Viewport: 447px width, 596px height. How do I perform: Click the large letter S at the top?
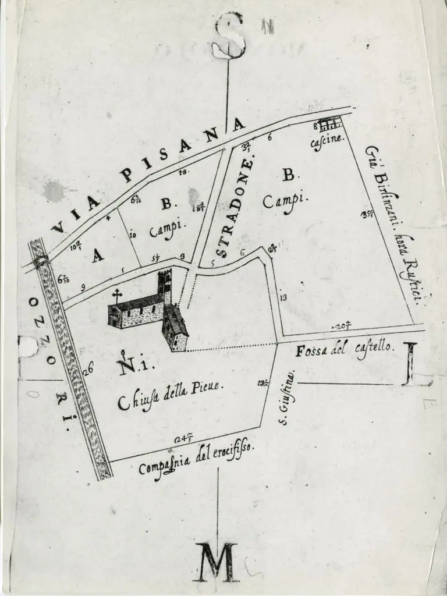pyautogui.click(x=228, y=36)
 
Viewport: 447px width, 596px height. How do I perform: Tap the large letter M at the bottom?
pyautogui.click(x=216, y=562)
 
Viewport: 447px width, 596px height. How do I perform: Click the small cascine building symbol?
pyautogui.click(x=329, y=123)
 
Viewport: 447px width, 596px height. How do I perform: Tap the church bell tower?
pyautogui.click(x=165, y=286)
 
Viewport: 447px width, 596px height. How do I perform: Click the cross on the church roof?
pyautogui.click(x=117, y=295)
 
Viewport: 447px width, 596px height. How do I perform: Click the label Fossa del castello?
pyautogui.click(x=346, y=350)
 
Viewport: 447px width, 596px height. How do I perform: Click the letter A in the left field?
pyautogui.click(x=98, y=256)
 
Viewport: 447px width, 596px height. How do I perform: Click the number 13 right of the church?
pyautogui.click(x=283, y=298)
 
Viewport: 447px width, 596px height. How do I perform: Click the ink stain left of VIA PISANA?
pyautogui.click(x=54, y=191)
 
